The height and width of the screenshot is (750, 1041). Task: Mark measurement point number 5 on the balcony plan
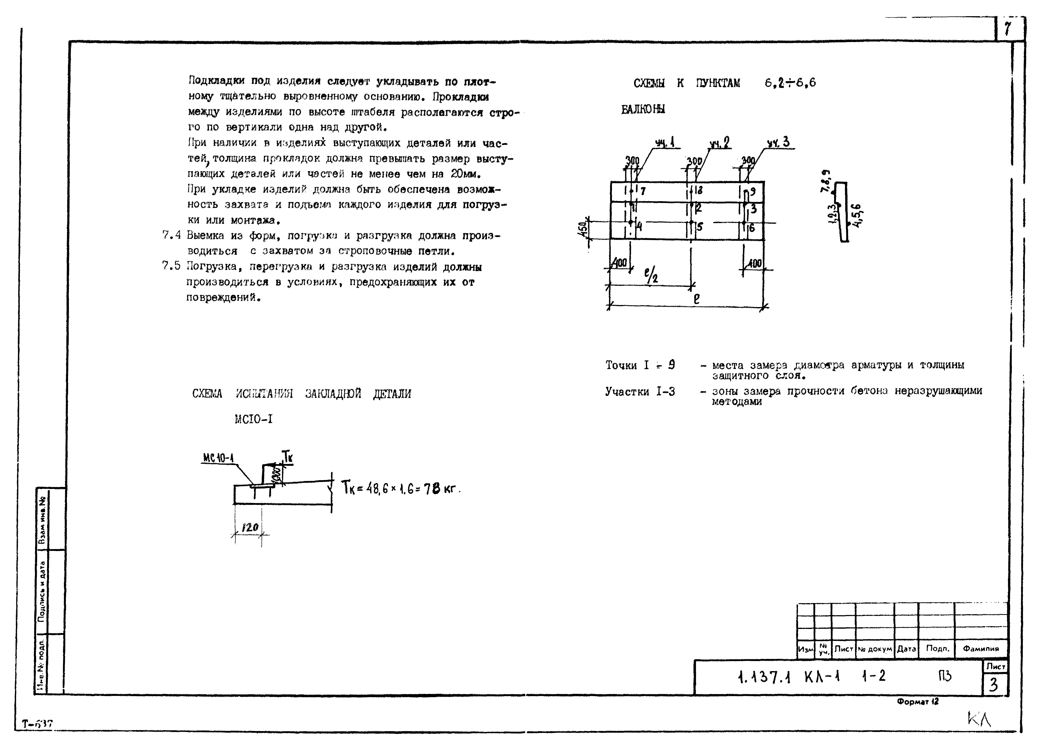pos(699,227)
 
